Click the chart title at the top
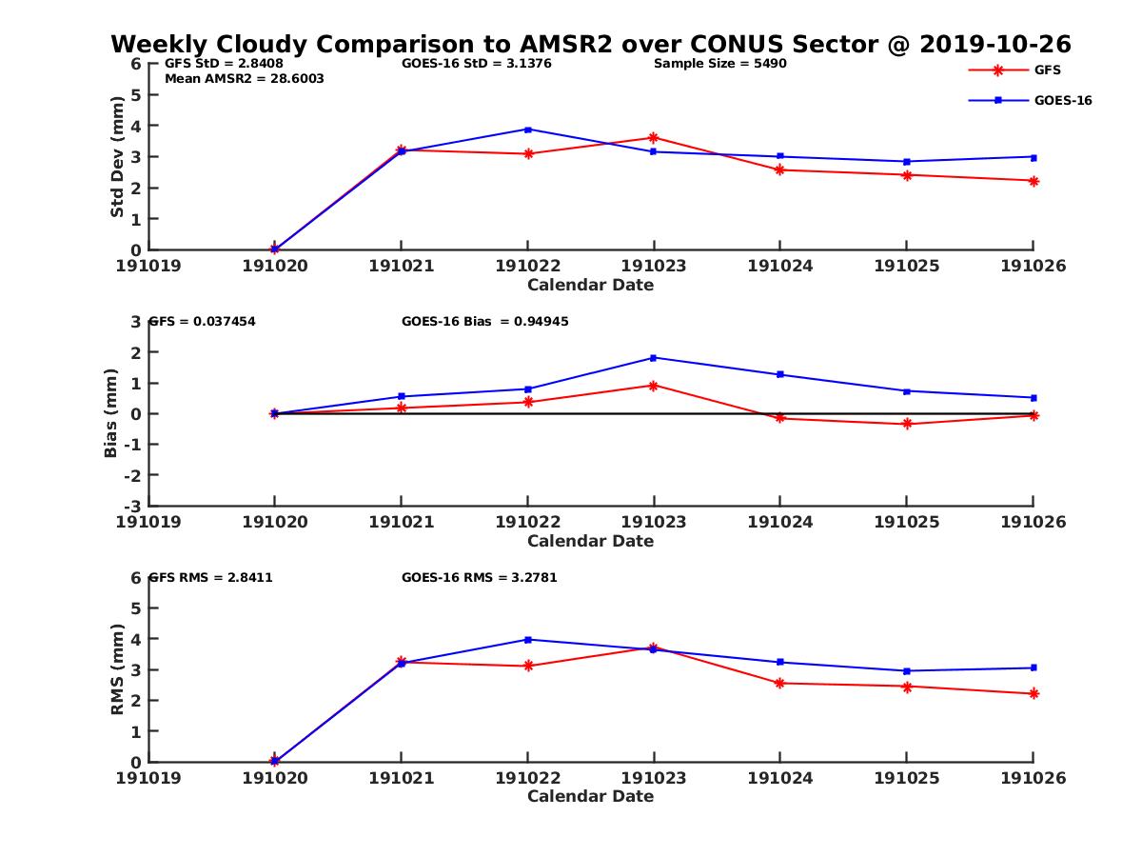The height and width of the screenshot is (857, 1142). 590,44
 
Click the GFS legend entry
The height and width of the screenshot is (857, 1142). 1047,70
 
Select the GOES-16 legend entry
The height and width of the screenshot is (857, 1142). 1062,100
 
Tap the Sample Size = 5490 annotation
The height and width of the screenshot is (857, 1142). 719,64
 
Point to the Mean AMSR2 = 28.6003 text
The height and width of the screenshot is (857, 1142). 245,79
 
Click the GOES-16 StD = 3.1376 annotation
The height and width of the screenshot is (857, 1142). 477,64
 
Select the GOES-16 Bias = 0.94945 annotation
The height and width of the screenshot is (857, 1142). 485,322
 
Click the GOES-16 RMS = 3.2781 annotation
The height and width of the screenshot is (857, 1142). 479,578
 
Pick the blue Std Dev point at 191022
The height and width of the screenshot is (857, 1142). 527,130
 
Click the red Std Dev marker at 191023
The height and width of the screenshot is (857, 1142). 654,138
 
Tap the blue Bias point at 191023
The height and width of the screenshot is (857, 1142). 654,358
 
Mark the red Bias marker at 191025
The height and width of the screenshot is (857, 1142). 906,424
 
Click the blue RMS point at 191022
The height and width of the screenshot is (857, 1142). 527,640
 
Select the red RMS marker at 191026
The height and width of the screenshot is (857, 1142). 1034,694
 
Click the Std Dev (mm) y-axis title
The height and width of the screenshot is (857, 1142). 117,157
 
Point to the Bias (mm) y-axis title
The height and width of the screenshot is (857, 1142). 111,413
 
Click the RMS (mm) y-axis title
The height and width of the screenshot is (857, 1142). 117,669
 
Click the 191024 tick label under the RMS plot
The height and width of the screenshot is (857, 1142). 779,778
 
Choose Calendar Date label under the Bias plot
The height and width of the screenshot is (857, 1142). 590,541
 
